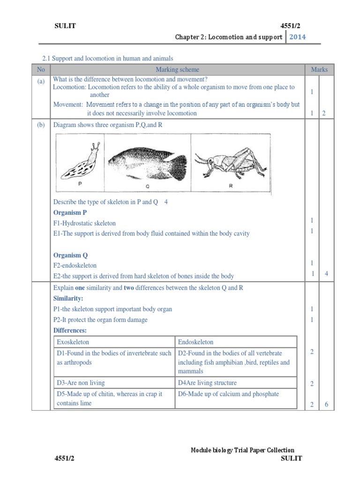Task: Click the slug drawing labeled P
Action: click(80, 162)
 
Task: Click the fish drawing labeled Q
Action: click(148, 162)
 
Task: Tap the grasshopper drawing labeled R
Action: click(230, 162)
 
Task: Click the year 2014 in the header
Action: click(298, 37)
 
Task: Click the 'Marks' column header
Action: click(319, 69)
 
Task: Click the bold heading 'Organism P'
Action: click(70, 212)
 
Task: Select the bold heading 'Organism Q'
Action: click(70, 255)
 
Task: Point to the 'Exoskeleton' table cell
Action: click(73, 342)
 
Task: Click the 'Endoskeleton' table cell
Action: click(195, 342)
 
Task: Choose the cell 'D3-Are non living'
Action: click(81, 383)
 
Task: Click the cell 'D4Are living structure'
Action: click(207, 383)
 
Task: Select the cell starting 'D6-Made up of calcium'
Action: click(228, 394)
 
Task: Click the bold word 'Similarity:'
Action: click(68, 299)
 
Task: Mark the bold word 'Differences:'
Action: click(70, 331)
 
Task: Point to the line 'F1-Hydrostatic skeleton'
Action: click(84, 223)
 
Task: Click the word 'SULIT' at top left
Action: click(65, 26)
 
